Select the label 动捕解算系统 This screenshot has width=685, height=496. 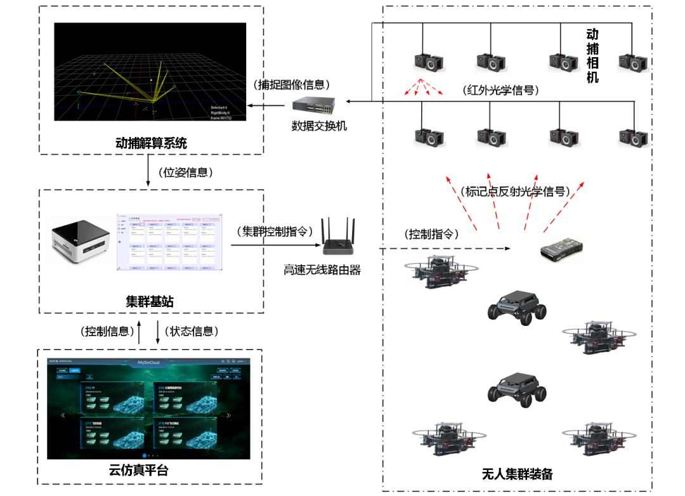[152, 143]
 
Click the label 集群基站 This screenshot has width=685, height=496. [150, 301]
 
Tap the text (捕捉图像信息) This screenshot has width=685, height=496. [292, 84]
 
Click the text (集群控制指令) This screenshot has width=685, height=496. [274, 232]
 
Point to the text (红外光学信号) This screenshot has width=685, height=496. [501, 90]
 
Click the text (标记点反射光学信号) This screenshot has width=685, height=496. [515, 190]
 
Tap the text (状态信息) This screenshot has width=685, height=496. [192, 331]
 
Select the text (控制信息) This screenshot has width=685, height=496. [107, 331]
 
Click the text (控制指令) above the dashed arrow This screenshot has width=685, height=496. [431, 234]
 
